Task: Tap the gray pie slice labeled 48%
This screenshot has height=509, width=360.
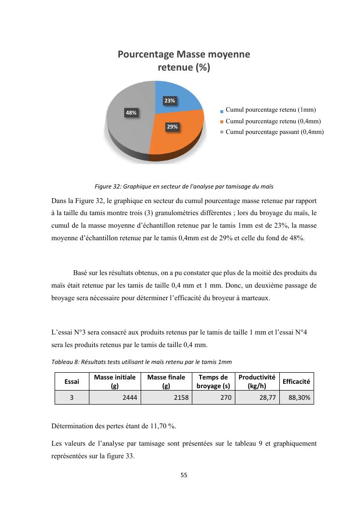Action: click(128, 121)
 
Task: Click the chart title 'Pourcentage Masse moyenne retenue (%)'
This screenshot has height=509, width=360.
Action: click(184, 61)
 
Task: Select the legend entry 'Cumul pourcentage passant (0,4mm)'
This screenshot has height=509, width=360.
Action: click(274, 131)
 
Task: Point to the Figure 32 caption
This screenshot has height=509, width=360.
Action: click(184, 186)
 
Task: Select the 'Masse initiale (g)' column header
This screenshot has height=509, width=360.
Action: click(115, 381)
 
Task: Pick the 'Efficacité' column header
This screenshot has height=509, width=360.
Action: click(296, 381)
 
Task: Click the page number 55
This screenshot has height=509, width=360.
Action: click(184, 475)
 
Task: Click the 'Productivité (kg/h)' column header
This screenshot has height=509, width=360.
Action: click(257, 381)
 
